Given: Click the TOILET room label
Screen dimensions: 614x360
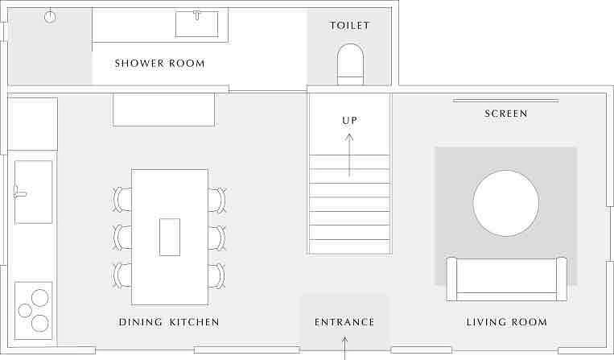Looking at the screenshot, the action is pos(349,26).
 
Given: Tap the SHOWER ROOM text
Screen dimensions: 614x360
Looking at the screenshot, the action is pos(160,64).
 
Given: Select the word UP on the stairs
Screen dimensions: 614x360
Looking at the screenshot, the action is pos(349,121).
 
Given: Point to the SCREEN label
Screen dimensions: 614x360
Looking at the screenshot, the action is pos(506,114).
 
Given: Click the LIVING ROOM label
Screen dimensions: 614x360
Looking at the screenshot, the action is pos(506,322).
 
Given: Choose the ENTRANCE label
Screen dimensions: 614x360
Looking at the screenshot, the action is pos(344,322).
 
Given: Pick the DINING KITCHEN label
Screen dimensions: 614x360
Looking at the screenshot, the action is pos(169,322).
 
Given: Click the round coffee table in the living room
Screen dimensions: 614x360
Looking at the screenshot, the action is pos(505,203).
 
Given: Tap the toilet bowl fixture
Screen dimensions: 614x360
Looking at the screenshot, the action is pos(351,64).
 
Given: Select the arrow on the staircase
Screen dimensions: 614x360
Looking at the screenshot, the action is pos(349,155).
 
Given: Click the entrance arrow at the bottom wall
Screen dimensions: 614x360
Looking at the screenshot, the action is pos(344,348).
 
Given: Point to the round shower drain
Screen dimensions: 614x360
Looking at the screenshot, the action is pos(50,16).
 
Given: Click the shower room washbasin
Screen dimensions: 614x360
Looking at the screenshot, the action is pos(197,24).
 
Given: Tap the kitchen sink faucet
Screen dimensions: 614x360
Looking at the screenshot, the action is pos(19,192).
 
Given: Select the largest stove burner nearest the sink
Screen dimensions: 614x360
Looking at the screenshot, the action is pos(40,298).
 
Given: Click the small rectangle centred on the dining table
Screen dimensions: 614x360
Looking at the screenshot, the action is pos(170,237).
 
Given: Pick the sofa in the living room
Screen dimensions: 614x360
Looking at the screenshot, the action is pos(506,279).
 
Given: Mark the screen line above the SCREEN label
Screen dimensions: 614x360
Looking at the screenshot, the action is pos(505,101).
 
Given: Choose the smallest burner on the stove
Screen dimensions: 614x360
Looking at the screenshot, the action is pos(25,311).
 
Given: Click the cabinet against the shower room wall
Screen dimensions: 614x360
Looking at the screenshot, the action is pos(163,110).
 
